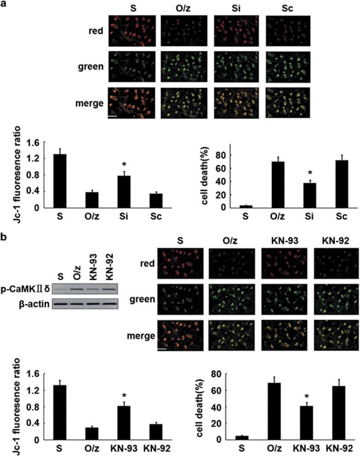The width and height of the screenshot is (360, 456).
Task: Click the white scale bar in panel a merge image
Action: point(112,117)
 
